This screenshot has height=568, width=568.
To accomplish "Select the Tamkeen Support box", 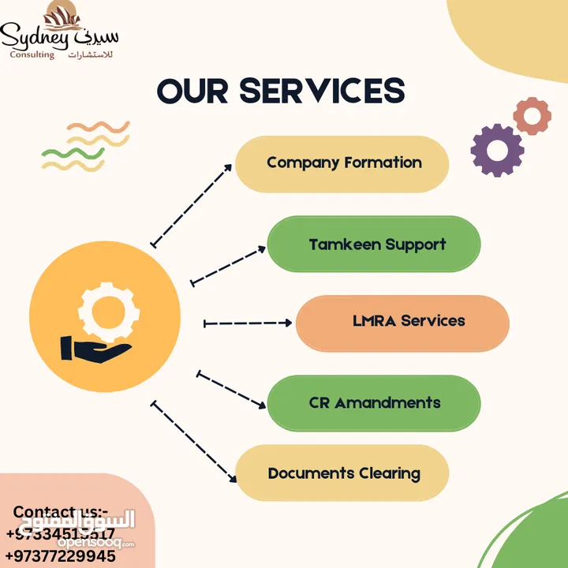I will click(374, 244).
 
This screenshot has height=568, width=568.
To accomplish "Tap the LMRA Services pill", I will click(402, 322).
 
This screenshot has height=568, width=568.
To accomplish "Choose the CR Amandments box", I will click(374, 403).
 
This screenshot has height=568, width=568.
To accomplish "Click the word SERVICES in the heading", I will click(323, 92).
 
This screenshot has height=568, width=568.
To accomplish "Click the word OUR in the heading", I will click(193, 92).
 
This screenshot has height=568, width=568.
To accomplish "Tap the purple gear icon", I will click(497, 150).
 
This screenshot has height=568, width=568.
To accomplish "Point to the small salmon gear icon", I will click(532, 116).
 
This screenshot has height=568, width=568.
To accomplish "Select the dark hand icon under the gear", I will click(96, 349).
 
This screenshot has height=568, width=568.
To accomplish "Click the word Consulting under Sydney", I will click(32, 54).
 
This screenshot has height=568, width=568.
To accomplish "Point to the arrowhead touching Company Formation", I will click(230, 166).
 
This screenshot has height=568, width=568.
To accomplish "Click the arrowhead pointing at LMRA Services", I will click(288, 323).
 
